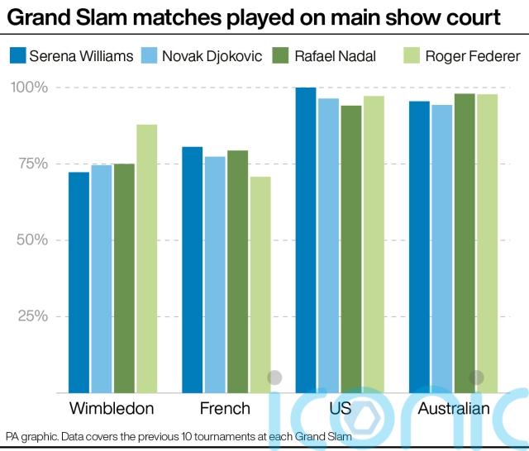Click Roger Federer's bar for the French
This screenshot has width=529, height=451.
[260, 284]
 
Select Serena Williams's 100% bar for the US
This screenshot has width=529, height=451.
[306, 240]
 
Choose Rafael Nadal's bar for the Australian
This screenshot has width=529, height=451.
[465, 243]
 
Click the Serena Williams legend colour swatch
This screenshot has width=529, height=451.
[18, 56]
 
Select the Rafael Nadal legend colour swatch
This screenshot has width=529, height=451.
[282, 56]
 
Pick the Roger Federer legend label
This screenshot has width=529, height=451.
[473, 56]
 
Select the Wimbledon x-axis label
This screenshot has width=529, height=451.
[112, 409]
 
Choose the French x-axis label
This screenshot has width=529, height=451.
[225, 409]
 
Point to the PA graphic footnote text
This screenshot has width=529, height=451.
[178, 436]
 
